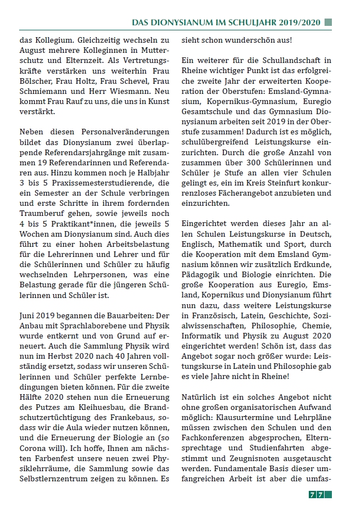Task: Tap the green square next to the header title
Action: point(328,22)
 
